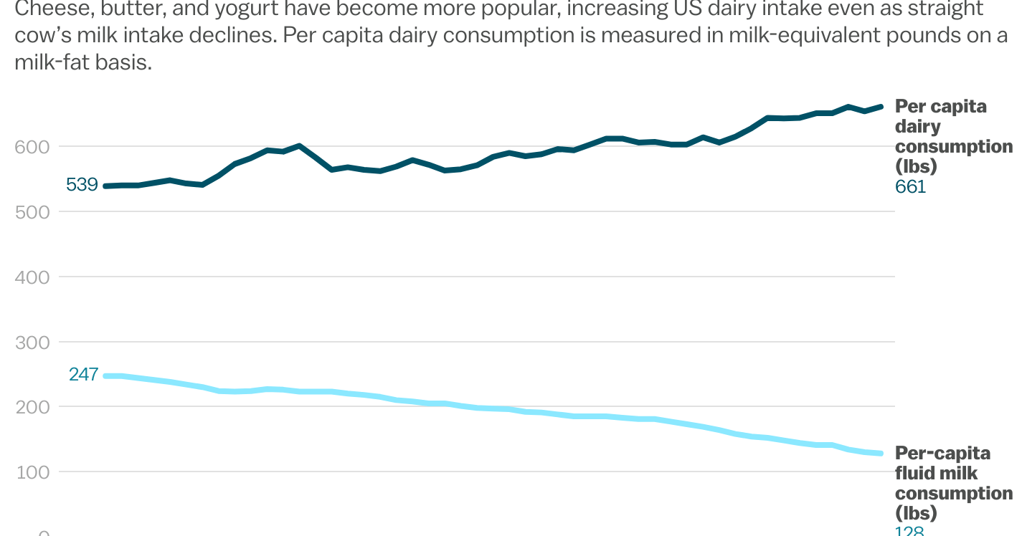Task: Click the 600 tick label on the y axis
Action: point(32,146)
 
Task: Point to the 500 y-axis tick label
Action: point(32,211)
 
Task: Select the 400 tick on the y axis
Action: point(32,277)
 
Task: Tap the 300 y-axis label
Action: point(32,342)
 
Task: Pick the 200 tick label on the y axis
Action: point(32,407)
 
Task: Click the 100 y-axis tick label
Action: point(32,472)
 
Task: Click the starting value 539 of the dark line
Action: point(82,185)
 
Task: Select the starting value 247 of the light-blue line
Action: point(83,374)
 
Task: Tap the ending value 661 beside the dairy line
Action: point(910,187)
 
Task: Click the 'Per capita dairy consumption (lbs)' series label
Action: point(952,136)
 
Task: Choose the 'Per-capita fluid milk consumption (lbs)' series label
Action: point(952,483)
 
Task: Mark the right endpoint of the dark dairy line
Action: point(881,107)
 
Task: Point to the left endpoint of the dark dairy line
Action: point(105,186)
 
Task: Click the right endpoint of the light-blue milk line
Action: point(881,454)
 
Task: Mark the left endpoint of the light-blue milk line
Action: point(105,375)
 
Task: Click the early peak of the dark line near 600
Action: point(299,145)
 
